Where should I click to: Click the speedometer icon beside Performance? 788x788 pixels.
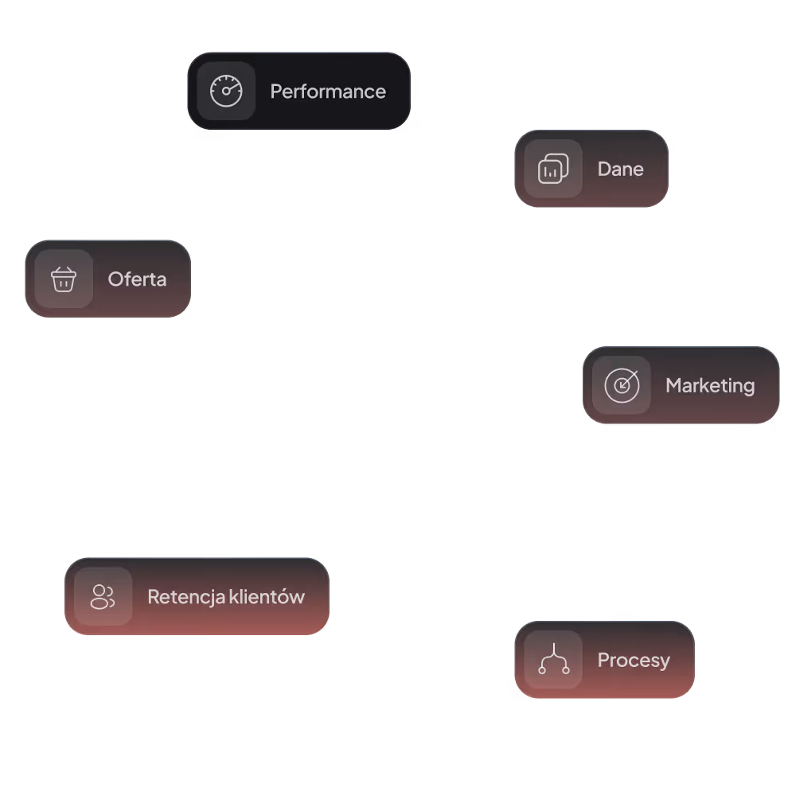coord(226,91)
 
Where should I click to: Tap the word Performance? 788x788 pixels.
coord(328,92)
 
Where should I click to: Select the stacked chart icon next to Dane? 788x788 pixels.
coord(553,169)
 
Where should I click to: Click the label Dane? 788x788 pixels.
coord(620,169)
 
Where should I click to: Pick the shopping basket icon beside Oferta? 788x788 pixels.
coord(64,279)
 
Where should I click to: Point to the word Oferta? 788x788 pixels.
coord(137,279)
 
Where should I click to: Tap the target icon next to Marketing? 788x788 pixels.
coord(622,385)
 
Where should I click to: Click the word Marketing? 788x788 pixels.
coord(710,385)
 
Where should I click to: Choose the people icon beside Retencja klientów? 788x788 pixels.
coord(103,596)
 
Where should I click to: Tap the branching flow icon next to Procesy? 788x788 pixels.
coord(553,660)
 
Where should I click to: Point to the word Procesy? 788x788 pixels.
coord(634,661)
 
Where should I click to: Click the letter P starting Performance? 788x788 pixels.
coord(275,92)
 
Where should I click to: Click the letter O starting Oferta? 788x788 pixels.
coord(115,279)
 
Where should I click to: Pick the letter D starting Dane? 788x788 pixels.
coord(603,169)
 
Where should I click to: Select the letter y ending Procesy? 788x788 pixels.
coord(665,663)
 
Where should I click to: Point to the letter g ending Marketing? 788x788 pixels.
coord(748,388)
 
